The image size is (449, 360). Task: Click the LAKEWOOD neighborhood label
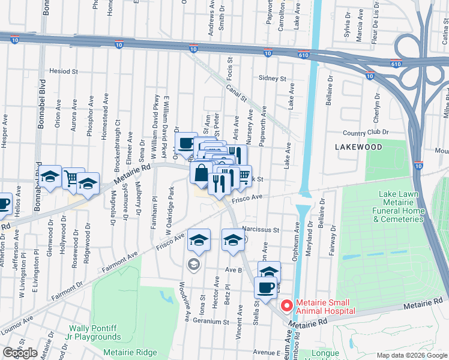[358, 146]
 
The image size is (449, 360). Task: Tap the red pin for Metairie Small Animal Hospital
[287, 305]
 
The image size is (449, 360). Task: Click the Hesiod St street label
[64, 71]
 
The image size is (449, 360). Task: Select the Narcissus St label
[261, 229]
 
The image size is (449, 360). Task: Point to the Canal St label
[237, 92]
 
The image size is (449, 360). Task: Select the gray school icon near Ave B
[193, 265]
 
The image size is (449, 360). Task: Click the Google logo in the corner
[20, 353]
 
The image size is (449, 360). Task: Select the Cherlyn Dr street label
[378, 109]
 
